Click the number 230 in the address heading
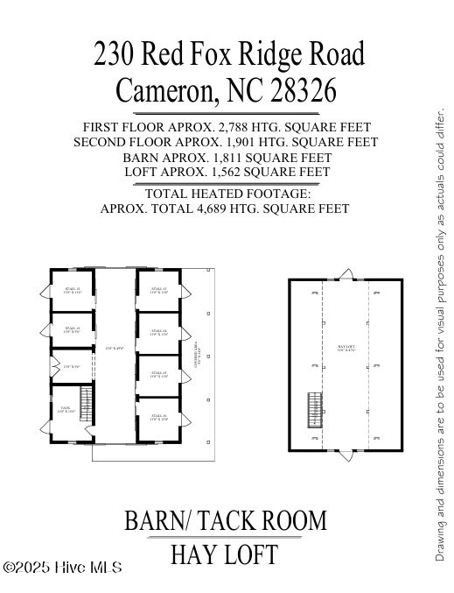tap(115, 54)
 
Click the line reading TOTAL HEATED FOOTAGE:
tap(227, 194)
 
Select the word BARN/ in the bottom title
tap(158, 520)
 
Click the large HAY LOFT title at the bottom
tap(225, 554)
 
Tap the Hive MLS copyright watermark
tap(62, 568)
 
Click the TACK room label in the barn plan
tap(65, 409)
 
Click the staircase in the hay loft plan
tap(315, 408)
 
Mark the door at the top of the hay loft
tap(346, 276)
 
